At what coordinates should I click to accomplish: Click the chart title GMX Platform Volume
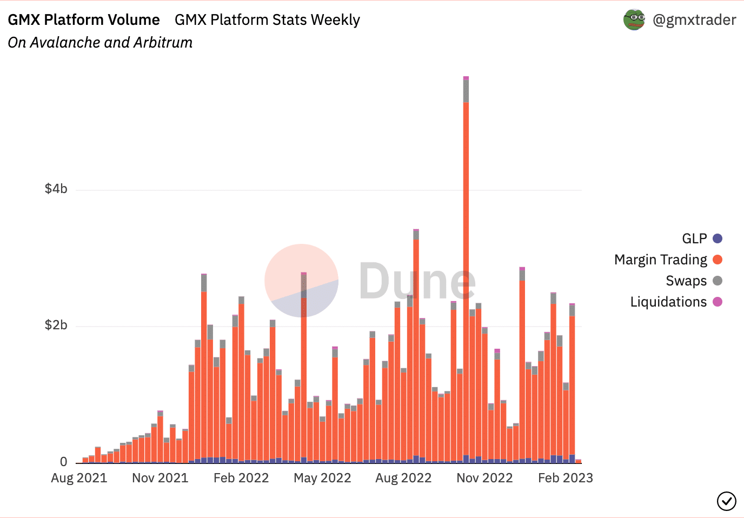coord(84,20)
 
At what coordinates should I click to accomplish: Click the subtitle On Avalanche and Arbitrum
coord(100,43)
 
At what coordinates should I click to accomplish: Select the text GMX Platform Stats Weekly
coord(267,20)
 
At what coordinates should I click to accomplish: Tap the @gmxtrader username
coord(694,20)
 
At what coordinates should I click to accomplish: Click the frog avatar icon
coord(634,20)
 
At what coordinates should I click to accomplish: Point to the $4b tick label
coord(56,189)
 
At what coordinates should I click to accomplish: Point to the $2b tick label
coord(56,325)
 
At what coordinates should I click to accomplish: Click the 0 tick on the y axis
coord(64,462)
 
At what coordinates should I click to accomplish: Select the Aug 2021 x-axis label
coord(79,478)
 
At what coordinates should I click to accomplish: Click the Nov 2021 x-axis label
coord(160,478)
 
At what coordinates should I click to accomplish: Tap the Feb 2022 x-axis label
coord(241,478)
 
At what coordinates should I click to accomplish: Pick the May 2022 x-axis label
coord(322,478)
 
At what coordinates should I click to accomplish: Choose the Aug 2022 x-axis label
coord(403,478)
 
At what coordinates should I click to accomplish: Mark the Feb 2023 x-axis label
coord(566,478)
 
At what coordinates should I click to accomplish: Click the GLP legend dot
coord(718,238)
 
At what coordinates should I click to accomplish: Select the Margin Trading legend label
coord(660,260)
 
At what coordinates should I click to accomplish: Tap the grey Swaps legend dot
coord(718,281)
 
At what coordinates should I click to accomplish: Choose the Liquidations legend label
coord(668,302)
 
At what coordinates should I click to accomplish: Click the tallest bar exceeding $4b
coord(466,270)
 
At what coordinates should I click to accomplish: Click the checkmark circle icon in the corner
coord(726,501)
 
